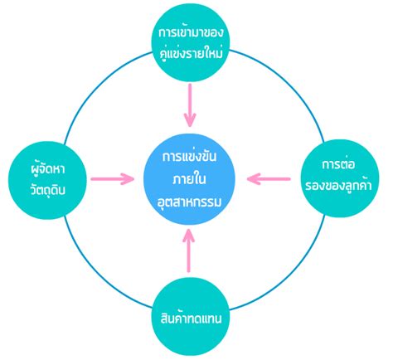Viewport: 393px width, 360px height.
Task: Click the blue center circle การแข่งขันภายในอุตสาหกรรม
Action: pyautogui.click(x=189, y=179)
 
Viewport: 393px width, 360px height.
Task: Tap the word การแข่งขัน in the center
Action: pyautogui.click(x=189, y=158)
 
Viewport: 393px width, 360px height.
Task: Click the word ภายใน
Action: pyautogui.click(x=189, y=178)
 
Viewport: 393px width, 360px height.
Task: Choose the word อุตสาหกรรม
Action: pyautogui.click(x=189, y=200)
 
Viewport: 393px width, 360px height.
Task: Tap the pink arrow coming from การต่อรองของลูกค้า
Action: pyautogui.click(x=269, y=178)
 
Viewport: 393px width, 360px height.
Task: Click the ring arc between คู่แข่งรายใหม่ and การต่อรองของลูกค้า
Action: pyautogui.click(x=287, y=80)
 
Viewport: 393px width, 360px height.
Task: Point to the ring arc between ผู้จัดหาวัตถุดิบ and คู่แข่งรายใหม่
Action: pyautogui.click(x=93, y=80)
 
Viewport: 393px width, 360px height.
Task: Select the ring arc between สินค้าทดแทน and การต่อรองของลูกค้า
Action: pyautogui.click(x=289, y=277)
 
